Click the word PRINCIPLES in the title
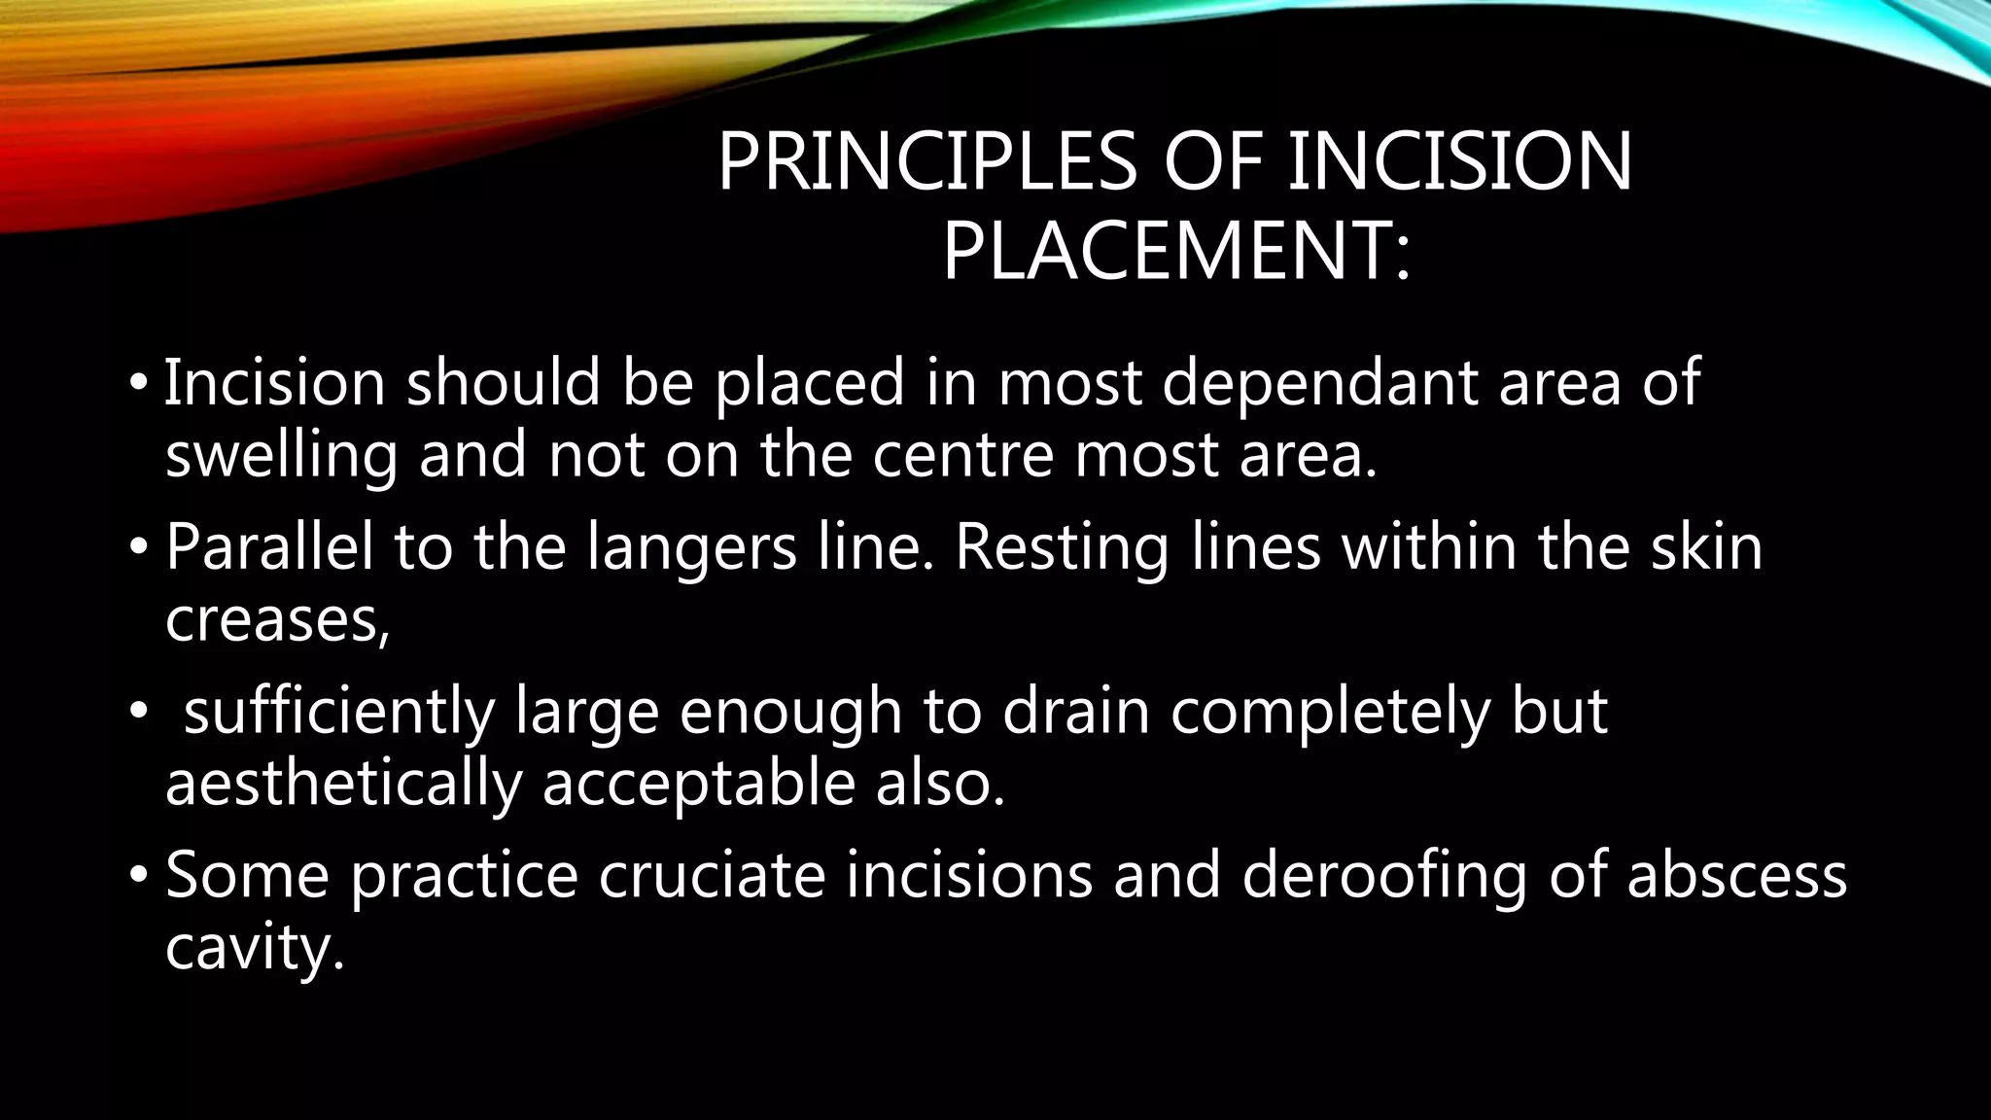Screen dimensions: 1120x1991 click(x=926, y=162)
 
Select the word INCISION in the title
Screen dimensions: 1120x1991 click(x=1459, y=162)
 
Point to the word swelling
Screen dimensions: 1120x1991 click(x=282, y=456)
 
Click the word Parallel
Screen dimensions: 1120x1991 click(x=269, y=546)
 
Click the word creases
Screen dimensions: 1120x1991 click(x=277, y=620)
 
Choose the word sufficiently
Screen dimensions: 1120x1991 click(x=339, y=712)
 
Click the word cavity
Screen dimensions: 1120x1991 click(x=255, y=949)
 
